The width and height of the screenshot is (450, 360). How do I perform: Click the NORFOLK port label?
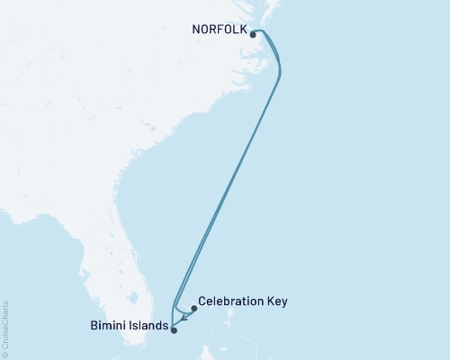[x=220, y=28]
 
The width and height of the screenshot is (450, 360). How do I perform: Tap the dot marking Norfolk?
[x=254, y=35]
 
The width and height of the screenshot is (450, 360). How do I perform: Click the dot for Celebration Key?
[x=193, y=308]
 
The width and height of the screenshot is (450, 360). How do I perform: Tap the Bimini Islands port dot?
[x=175, y=330]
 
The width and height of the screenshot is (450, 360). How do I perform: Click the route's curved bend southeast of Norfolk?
[x=280, y=72]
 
